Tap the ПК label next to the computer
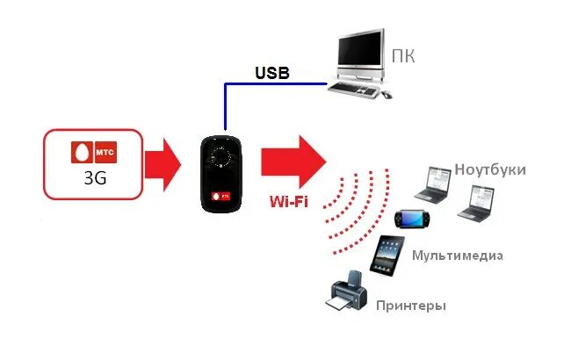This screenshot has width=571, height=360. [402, 58]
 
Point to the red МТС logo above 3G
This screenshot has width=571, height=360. [92, 151]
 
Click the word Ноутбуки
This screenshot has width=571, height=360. [490, 169]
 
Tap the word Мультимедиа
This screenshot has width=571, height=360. [457, 256]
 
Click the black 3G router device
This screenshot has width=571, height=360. [220, 172]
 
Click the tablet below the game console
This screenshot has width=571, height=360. [387, 257]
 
